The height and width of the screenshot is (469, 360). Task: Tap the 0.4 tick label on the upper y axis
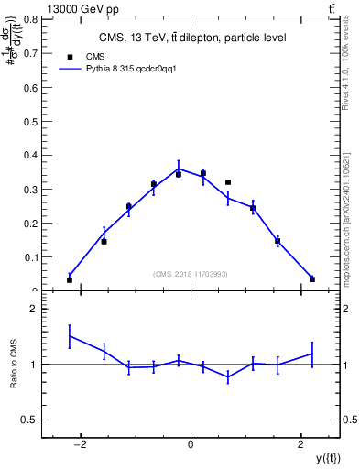31,156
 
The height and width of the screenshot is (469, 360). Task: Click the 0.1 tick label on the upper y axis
31,257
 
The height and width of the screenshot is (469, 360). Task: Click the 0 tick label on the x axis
191,446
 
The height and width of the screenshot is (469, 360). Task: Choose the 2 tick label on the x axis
301,446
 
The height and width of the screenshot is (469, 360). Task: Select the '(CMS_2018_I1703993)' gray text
191,274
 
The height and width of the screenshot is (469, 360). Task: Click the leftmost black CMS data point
70,279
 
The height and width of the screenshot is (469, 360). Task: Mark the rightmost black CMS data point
312,279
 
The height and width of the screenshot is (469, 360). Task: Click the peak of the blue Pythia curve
179,169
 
